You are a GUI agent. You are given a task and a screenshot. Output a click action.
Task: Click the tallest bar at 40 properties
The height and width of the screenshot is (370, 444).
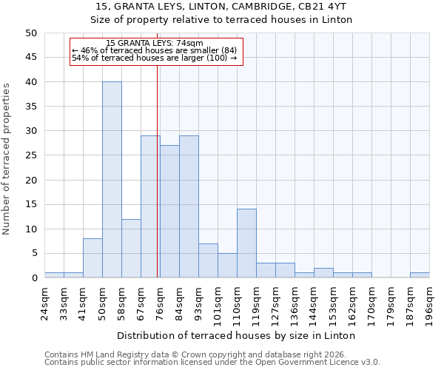(112, 180)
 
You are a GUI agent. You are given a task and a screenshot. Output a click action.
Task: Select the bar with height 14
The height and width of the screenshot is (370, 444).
(246, 243)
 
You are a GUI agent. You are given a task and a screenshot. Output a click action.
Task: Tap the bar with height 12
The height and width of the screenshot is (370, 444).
(131, 249)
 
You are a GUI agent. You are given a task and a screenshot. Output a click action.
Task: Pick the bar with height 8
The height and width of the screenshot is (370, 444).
(92, 258)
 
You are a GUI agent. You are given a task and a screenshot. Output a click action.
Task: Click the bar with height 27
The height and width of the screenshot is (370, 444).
(169, 212)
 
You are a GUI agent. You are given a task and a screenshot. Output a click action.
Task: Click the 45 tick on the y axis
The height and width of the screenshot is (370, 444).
(30, 58)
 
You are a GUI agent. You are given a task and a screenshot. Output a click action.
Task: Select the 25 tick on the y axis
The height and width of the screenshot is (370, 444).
(30, 155)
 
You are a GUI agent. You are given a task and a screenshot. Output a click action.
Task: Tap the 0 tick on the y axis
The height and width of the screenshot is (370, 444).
(33, 278)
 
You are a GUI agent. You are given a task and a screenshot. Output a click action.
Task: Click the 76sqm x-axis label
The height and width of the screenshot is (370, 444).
(160, 303)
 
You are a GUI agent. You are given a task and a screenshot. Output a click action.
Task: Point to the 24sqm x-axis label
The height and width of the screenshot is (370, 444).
(44, 303)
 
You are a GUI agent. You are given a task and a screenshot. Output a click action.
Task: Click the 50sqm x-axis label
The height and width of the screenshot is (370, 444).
(102, 303)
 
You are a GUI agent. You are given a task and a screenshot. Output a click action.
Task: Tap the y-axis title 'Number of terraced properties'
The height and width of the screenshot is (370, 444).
(7, 159)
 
